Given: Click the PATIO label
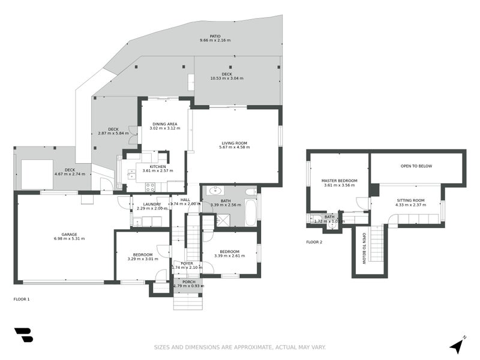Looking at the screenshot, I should point(215,36).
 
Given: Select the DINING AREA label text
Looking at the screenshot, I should point(164,124).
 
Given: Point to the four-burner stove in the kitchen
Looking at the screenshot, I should point(149,186).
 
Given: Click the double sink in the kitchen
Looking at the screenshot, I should point(131,176).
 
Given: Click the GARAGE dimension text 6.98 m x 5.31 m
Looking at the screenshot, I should point(65,239).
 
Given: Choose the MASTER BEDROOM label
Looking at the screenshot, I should point(340,181).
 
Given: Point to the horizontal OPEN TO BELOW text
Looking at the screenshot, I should point(416,166).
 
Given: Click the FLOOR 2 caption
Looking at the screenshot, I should point(314,242).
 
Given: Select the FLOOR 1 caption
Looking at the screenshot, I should point(21,299).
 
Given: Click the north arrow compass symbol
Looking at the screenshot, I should point(458,345).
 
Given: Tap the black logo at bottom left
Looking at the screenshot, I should point(23,335).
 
